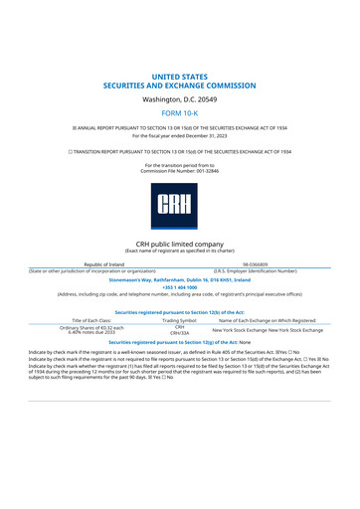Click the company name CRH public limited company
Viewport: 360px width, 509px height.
[x=180, y=243]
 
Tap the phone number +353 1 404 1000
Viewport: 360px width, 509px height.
[x=180, y=286]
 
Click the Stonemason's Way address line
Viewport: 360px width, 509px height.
[x=180, y=278]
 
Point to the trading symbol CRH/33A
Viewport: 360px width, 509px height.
[x=180, y=333]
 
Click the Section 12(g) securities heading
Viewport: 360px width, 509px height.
[x=180, y=343]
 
